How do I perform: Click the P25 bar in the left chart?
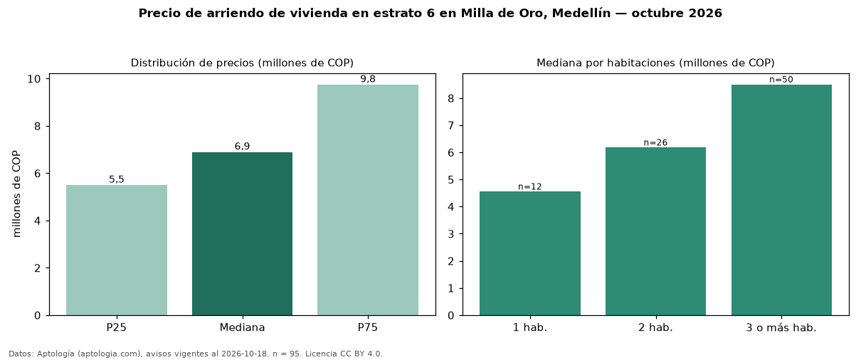[x=117, y=250]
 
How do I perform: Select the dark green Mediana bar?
[x=242, y=234]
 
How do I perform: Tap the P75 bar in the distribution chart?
[x=368, y=200]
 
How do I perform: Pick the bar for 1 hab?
[x=530, y=253]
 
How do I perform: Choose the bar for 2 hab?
[x=656, y=231]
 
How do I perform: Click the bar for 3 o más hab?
[x=781, y=200]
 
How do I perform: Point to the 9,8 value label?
[x=368, y=79]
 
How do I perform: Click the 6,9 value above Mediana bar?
[x=242, y=147]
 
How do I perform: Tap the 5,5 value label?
[x=117, y=179]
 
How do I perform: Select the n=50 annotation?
[x=781, y=80]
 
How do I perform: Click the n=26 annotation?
[x=655, y=142]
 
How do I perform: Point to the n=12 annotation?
[x=529, y=186]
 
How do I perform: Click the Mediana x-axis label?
[x=242, y=327]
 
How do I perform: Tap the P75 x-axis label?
[x=368, y=327]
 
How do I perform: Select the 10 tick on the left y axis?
[x=33, y=79]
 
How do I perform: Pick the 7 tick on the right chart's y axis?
[x=450, y=126]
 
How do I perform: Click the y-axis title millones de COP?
[x=16, y=194]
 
